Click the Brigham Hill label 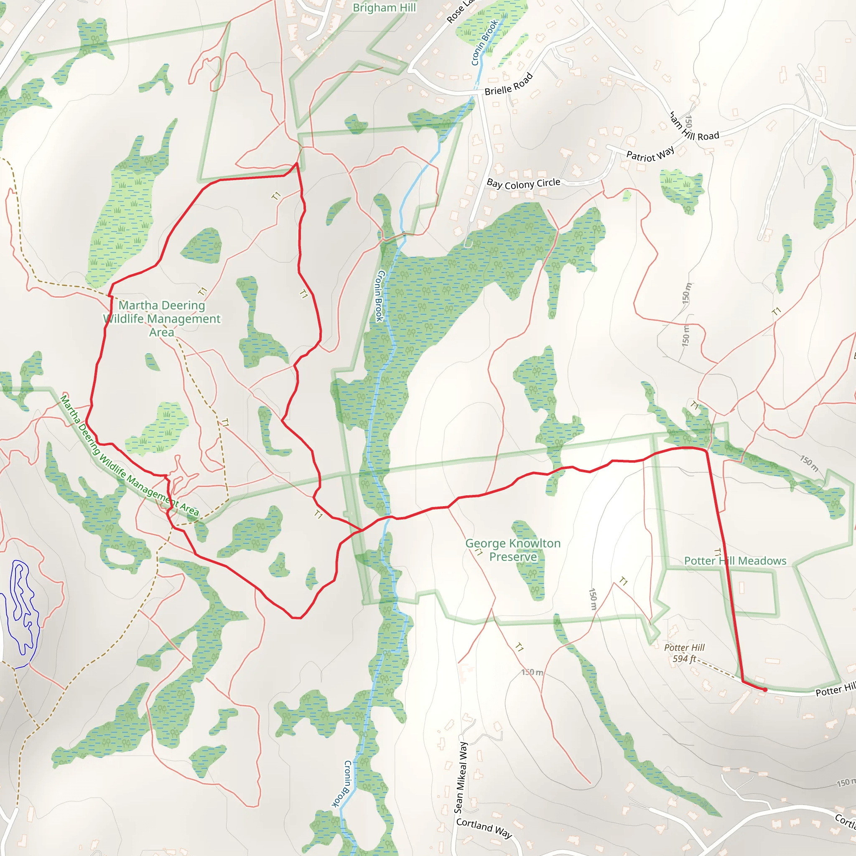coord(384,8)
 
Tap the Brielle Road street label coord(508,84)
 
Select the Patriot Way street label coord(650,154)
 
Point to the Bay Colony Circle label coord(523,183)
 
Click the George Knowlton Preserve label coord(512,550)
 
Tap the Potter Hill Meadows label coord(735,561)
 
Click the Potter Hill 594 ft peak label coord(684,653)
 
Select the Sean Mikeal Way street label coord(461,777)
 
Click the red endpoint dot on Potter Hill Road coord(765,690)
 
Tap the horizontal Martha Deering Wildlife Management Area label coord(162,318)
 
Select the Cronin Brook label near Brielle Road coord(485,43)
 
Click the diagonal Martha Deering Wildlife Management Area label coord(129,456)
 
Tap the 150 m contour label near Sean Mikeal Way coord(532,672)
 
